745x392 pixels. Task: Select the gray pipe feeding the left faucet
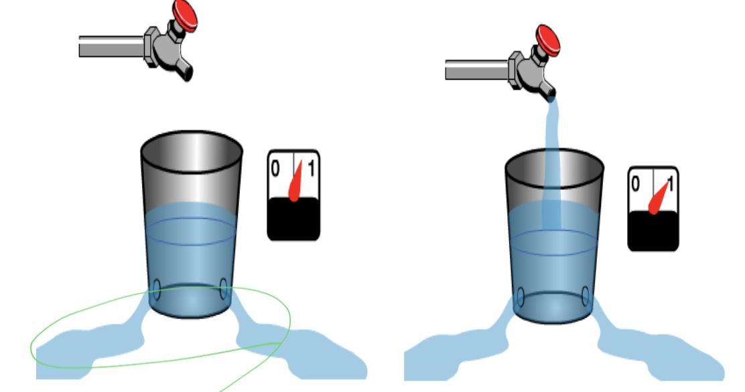tap(111, 45)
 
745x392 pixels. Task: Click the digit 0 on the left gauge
tap(275, 168)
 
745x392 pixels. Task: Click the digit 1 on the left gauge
tap(310, 168)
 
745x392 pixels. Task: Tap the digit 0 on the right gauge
tap(635, 183)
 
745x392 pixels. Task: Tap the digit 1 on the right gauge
tap(670, 183)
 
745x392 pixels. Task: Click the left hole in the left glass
tap(156, 290)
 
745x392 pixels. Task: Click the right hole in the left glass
tap(223, 290)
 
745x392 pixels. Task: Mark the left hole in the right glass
tap(520, 295)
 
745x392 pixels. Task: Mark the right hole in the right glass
tap(586, 295)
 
